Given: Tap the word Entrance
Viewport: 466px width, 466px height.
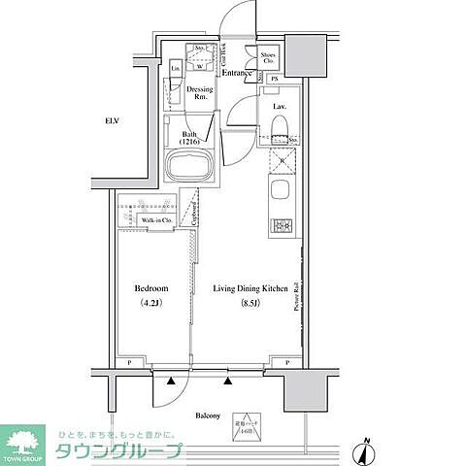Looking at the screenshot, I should (238, 73).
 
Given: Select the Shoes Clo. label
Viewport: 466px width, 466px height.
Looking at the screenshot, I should (268, 56).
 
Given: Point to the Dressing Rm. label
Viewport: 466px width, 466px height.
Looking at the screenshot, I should (200, 94).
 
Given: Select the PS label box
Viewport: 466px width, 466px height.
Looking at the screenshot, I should (275, 79).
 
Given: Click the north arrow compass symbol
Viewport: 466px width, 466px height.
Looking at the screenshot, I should (367, 449).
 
